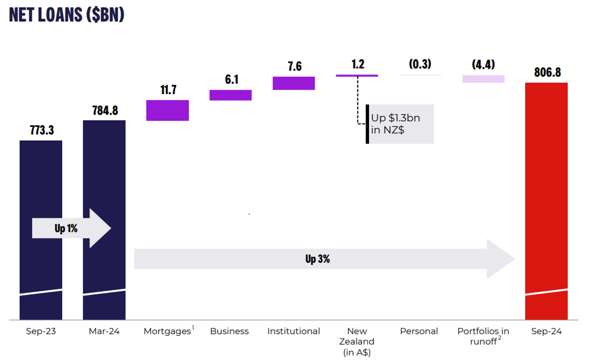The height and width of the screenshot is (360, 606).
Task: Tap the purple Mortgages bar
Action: pyautogui.click(x=168, y=110)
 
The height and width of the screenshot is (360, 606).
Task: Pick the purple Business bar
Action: pyautogui.click(x=230, y=95)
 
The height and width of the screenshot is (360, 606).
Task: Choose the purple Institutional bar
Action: pyautogui.click(x=294, y=83)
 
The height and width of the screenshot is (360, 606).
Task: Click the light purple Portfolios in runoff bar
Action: pyautogui.click(x=483, y=79)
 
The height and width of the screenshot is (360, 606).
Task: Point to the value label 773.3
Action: pyautogui.click(x=42, y=130)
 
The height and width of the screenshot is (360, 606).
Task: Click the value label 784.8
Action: pyautogui.click(x=105, y=111)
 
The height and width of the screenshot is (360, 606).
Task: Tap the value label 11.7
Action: pyautogui.click(x=168, y=90)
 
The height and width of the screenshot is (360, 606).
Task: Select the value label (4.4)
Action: pyautogui.click(x=483, y=65)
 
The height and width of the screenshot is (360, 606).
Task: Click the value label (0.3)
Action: pyautogui.click(x=420, y=64)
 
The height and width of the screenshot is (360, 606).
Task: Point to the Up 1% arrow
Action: pyautogui.click(x=71, y=228)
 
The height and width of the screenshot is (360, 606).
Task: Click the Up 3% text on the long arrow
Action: pyautogui.click(x=317, y=259)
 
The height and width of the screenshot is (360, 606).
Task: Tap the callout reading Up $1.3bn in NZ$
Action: pyautogui.click(x=400, y=123)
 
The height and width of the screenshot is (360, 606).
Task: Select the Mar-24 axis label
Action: pyautogui.click(x=104, y=332)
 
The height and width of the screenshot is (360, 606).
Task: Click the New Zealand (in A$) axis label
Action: pyautogui.click(x=357, y=341)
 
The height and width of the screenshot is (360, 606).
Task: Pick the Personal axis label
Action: pyautogui.click(x=419, y=332)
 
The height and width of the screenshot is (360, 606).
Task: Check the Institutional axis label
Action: pyautogui.click(x=294, y=332)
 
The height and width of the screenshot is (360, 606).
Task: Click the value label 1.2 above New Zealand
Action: pyautogui.click(x=358, y=64)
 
